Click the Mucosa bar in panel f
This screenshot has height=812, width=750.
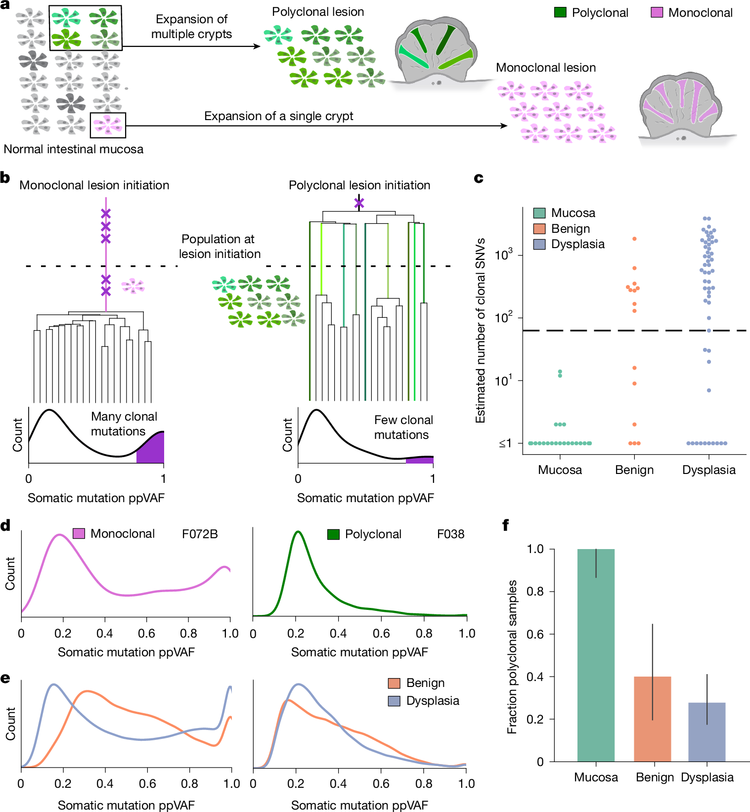tap(596, 655)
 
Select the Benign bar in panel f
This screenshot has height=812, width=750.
tap(652, 719)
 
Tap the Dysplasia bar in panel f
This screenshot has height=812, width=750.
tap(706, 732)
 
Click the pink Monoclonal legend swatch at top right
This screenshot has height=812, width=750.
tap(657, 12)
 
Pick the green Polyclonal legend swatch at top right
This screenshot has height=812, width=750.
tap(560, 12)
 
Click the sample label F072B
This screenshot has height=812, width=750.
tap(200, 534)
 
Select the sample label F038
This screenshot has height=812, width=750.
tap(450, 534)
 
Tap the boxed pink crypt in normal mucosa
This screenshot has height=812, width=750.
tap(108, 125)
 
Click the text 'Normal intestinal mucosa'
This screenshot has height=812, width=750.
tap(74, 149)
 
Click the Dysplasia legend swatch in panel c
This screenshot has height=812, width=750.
tap(539, 244)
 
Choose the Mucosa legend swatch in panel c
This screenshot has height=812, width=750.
tap(539, 213)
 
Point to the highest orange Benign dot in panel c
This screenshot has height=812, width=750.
tap(634, 239)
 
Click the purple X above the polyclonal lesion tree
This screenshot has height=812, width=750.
tap(359, 203)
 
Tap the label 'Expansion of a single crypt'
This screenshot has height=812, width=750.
tap(278, 116)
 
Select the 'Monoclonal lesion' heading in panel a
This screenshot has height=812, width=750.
tap(546, 68)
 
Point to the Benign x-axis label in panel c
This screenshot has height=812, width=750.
tap(634, 470)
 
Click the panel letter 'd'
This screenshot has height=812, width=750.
tap(5, 525)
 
